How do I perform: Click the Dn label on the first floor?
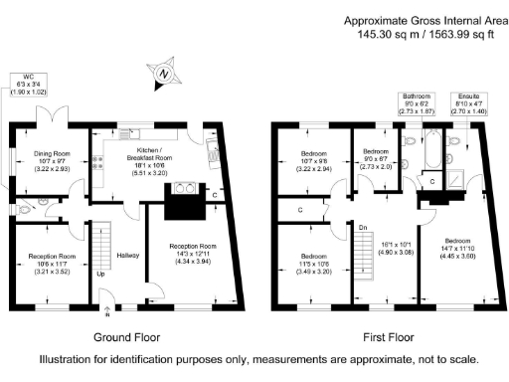click(x=364, y=228)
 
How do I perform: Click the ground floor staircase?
click(x=99, y=244)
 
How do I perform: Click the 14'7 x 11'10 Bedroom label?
click(x=457, y=249)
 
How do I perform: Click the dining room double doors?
click(x=51, y=114)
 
